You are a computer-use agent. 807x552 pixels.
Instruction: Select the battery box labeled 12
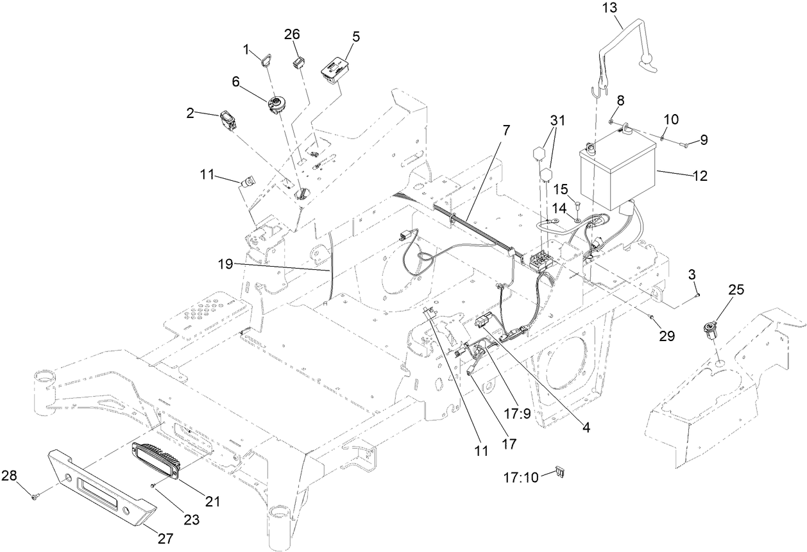pyautogui.click(x=618, y=174)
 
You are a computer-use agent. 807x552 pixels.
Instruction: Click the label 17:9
pyautogui.click(x=518, y=414)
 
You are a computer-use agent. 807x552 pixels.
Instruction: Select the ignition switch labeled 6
pyautogui.click(x=281, y=105)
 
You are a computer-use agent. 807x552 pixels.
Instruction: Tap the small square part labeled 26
pyautogui.click(x=299, y=62)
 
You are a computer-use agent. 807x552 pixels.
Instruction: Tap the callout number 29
pyautogui.click(x=667, y=336)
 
